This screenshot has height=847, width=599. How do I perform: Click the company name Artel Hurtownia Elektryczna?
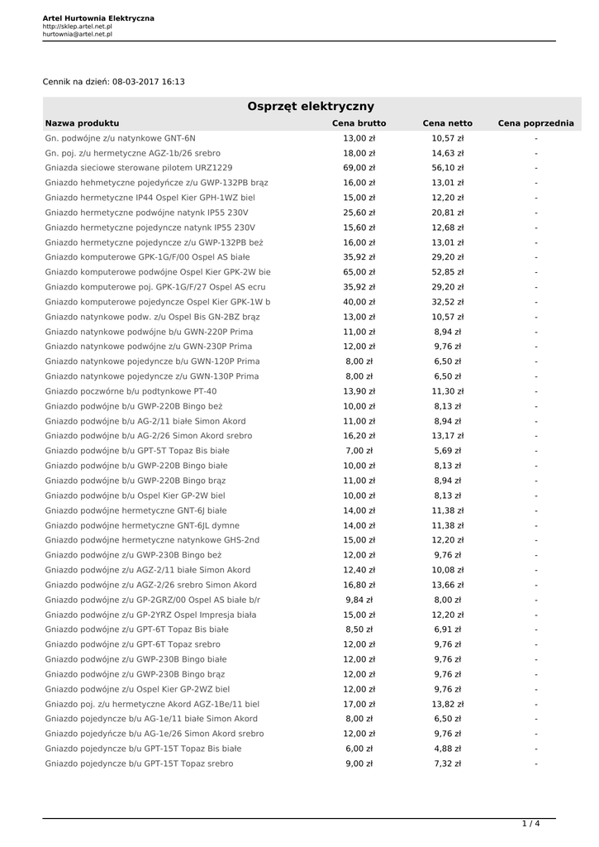tap(98, 18)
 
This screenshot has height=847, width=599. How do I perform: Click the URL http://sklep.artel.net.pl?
tap(78, 26)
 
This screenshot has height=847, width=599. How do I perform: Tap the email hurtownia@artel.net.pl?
tap(78, 35)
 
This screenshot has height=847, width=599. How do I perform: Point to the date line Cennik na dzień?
tap(114, 82)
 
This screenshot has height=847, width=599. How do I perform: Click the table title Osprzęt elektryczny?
tap(311, 106)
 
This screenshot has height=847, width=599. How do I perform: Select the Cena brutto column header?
tap(359, 123)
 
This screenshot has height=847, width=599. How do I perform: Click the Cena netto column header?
tap(448, 123)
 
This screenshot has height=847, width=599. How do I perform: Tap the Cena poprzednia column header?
tap(535, 123)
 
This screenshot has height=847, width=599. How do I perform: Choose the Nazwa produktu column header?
tap(83, 123)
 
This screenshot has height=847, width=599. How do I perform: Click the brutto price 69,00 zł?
tap(359, 168)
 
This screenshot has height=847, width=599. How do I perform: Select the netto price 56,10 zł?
tap(448, 168)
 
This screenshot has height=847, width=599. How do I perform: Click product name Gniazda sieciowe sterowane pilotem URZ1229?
tap(139, 168)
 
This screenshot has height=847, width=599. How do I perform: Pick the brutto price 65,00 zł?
tap(359, 272)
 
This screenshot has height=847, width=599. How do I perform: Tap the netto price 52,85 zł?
tap(448, 272)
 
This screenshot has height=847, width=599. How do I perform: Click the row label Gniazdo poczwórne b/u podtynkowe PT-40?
tap(131, 391)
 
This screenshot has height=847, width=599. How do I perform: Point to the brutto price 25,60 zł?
tap(359, 213)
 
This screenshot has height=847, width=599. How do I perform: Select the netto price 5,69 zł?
tap(448, 451)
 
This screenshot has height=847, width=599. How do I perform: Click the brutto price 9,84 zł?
tap(359, 600)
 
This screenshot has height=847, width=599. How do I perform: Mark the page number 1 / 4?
tap(530, 824)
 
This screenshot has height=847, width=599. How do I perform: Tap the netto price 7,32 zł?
tap(448, 763)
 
